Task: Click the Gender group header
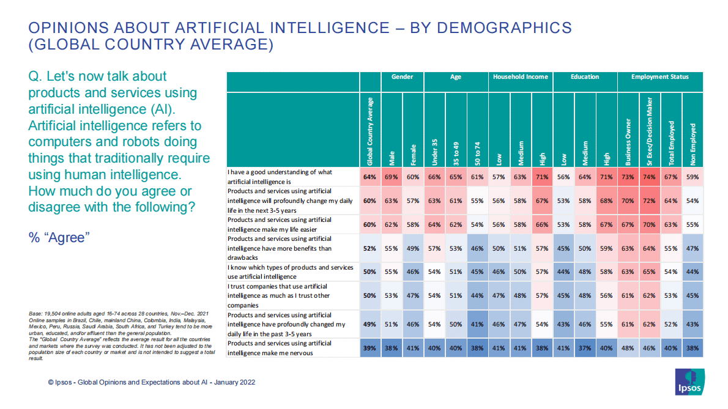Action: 403,77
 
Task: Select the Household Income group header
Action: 521,77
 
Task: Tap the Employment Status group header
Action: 660,77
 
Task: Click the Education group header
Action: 585,77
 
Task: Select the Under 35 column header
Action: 435,150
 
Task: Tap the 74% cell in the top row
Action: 650,177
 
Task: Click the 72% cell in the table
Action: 650,201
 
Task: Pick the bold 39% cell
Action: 370,347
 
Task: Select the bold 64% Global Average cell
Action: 370,177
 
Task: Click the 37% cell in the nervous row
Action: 585,347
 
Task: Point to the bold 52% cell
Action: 370,249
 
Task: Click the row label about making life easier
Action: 280,224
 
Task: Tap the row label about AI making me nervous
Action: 280,347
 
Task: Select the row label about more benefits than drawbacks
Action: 280,248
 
